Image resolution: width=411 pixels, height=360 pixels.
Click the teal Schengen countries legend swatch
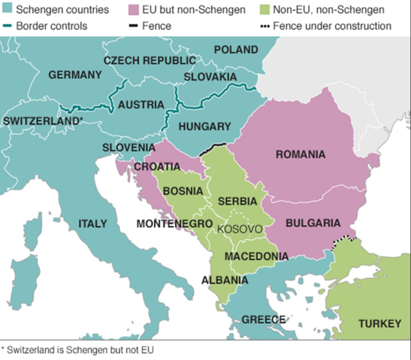click(8, 9)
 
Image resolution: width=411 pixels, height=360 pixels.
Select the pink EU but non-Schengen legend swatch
click(133, 9)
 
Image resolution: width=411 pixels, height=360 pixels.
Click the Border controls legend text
click(51, 26)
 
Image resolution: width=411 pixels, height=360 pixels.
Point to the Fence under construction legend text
click(332, 26)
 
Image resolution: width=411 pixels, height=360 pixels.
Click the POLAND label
click(236, 50)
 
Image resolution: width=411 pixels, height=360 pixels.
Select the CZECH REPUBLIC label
click(149, 61)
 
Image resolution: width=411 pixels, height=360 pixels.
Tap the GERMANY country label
click(75, 75)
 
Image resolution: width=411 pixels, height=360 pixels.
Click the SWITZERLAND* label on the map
click(43, 121)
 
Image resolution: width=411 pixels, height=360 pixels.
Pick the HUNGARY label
click(205, 126)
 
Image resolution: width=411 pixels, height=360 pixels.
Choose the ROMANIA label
click(300, 155)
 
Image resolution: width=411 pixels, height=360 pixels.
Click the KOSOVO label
click(240, 229)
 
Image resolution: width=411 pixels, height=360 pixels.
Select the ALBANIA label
click(224, 280)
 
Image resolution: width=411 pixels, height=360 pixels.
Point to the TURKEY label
click(379, 323)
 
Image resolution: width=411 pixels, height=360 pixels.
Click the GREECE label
click(263, 320)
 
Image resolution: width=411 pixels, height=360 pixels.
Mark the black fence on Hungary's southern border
click(213, 149)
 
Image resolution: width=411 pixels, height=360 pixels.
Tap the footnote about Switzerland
click(77, 349)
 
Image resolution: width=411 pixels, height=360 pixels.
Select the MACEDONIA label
click(256, 256)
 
